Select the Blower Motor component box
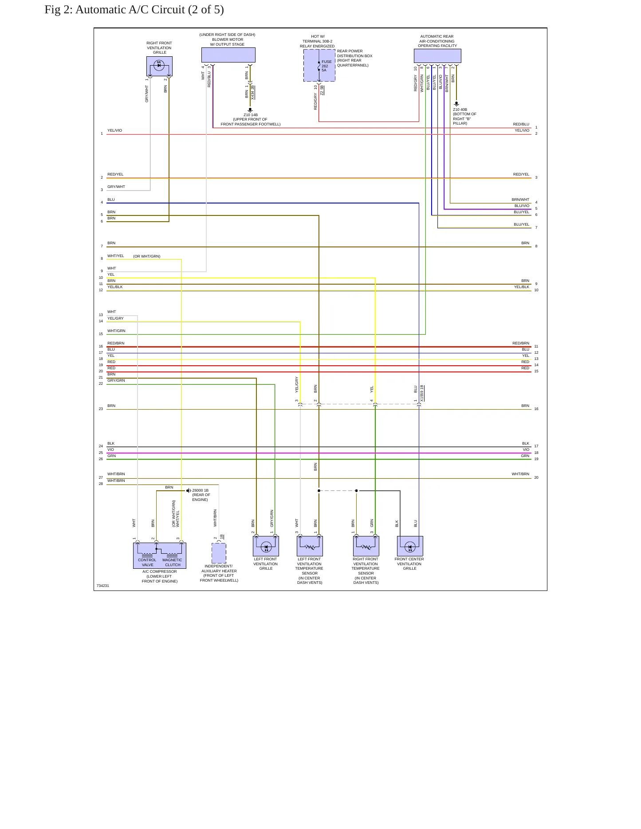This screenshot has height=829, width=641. coord(228,55)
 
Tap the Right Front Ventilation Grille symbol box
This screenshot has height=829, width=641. coord(159,66)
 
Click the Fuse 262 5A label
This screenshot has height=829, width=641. coord(326,66)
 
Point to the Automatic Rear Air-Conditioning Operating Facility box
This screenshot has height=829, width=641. coord(437,56)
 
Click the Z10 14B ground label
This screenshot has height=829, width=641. coord(251,115)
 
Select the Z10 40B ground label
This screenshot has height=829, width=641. coord(460,109)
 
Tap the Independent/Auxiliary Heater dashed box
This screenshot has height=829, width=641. coord(219,553)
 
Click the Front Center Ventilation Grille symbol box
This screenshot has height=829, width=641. coord(410,546)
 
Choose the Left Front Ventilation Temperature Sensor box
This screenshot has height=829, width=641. coord(310,546)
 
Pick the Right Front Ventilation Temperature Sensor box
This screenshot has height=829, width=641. coord(366,546)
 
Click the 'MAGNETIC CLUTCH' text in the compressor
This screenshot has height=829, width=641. coord(173,563)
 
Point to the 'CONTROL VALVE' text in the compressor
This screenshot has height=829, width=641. coord(147,563)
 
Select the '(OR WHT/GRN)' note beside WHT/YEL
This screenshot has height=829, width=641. coord(147,256)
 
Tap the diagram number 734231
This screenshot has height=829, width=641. coord(103,586)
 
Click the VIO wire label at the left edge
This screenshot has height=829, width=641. coord(110,450)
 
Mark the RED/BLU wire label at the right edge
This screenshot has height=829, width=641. coord(521,124)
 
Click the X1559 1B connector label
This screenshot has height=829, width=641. coord(422,393)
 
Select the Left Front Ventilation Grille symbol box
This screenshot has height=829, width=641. coord(266,546)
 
